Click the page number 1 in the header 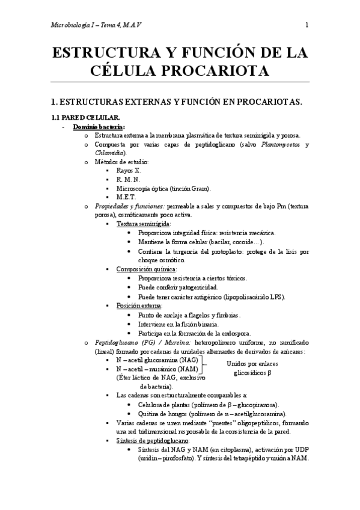tap(307, 25)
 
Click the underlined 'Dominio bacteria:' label tap(99, 127)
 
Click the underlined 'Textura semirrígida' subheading tap(143, 223)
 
